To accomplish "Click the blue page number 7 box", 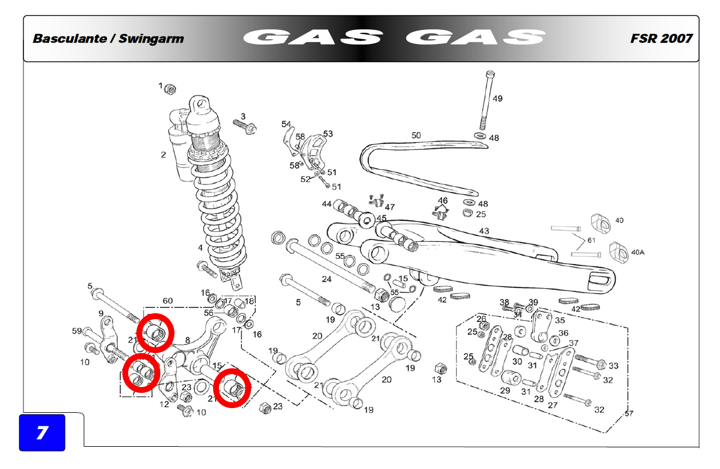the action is click(42, 432).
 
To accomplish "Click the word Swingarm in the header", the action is click(151, 39).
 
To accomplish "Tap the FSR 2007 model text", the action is click(661, 39).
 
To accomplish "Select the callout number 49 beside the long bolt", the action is click(497, 99).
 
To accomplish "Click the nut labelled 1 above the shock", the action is click(170, 89).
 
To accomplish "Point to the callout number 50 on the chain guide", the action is click(416, 135).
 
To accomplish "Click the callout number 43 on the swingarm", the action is click(484, 231).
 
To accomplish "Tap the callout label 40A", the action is click(637, 252).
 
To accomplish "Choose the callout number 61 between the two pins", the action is click(591, 240).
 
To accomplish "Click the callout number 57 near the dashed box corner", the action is click(629, 413).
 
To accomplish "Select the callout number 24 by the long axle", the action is click(327, 279).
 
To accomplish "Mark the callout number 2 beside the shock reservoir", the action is click(163, 155).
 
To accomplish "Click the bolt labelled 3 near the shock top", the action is click(245, 126).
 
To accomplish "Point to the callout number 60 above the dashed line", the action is click(167, 300).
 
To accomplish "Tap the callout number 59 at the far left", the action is click(77, 331).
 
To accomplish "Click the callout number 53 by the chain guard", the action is click(328, 133).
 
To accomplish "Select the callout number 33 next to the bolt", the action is click(613, 365).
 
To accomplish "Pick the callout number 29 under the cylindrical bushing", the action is click(505, 390).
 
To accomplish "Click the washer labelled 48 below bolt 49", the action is click(479, 135).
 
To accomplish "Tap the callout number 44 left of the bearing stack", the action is click(327, 204).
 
